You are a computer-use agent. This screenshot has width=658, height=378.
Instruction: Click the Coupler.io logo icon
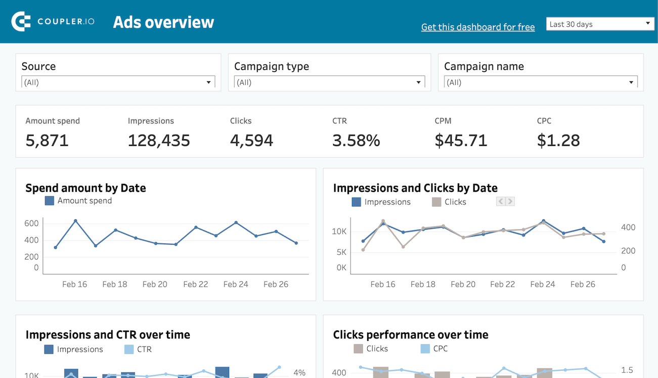(21, 21)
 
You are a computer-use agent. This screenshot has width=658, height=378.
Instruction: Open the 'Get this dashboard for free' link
(477, 27)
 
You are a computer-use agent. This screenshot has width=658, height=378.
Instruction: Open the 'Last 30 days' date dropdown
(600, 24)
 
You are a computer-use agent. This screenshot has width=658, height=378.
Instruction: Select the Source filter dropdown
(118, 83)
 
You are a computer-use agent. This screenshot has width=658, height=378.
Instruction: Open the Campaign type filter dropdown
(329, 83)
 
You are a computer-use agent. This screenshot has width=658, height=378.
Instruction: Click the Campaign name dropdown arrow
(631, 83)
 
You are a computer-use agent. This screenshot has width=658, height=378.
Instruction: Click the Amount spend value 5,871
(47, 140)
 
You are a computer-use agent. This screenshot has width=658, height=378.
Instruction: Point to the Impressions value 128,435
(159, 140)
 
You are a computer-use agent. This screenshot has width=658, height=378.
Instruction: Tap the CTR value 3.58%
(356, 140)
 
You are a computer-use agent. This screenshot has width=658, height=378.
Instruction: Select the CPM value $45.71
(461, 140)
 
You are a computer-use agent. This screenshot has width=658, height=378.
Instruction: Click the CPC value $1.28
(558, 140)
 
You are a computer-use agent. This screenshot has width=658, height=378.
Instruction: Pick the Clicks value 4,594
(251, 140)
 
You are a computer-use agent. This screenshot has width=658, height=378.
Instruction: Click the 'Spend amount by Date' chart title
(85, 188)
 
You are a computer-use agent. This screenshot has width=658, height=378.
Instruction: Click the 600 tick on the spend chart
(31, 223)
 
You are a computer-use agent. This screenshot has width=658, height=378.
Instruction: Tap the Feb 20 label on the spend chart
(155, 284)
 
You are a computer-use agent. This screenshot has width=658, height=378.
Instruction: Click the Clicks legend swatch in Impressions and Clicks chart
(436, 202)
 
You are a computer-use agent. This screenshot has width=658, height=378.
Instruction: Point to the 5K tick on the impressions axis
(341, 252)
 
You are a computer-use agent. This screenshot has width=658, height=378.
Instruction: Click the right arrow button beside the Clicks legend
(510, 202)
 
